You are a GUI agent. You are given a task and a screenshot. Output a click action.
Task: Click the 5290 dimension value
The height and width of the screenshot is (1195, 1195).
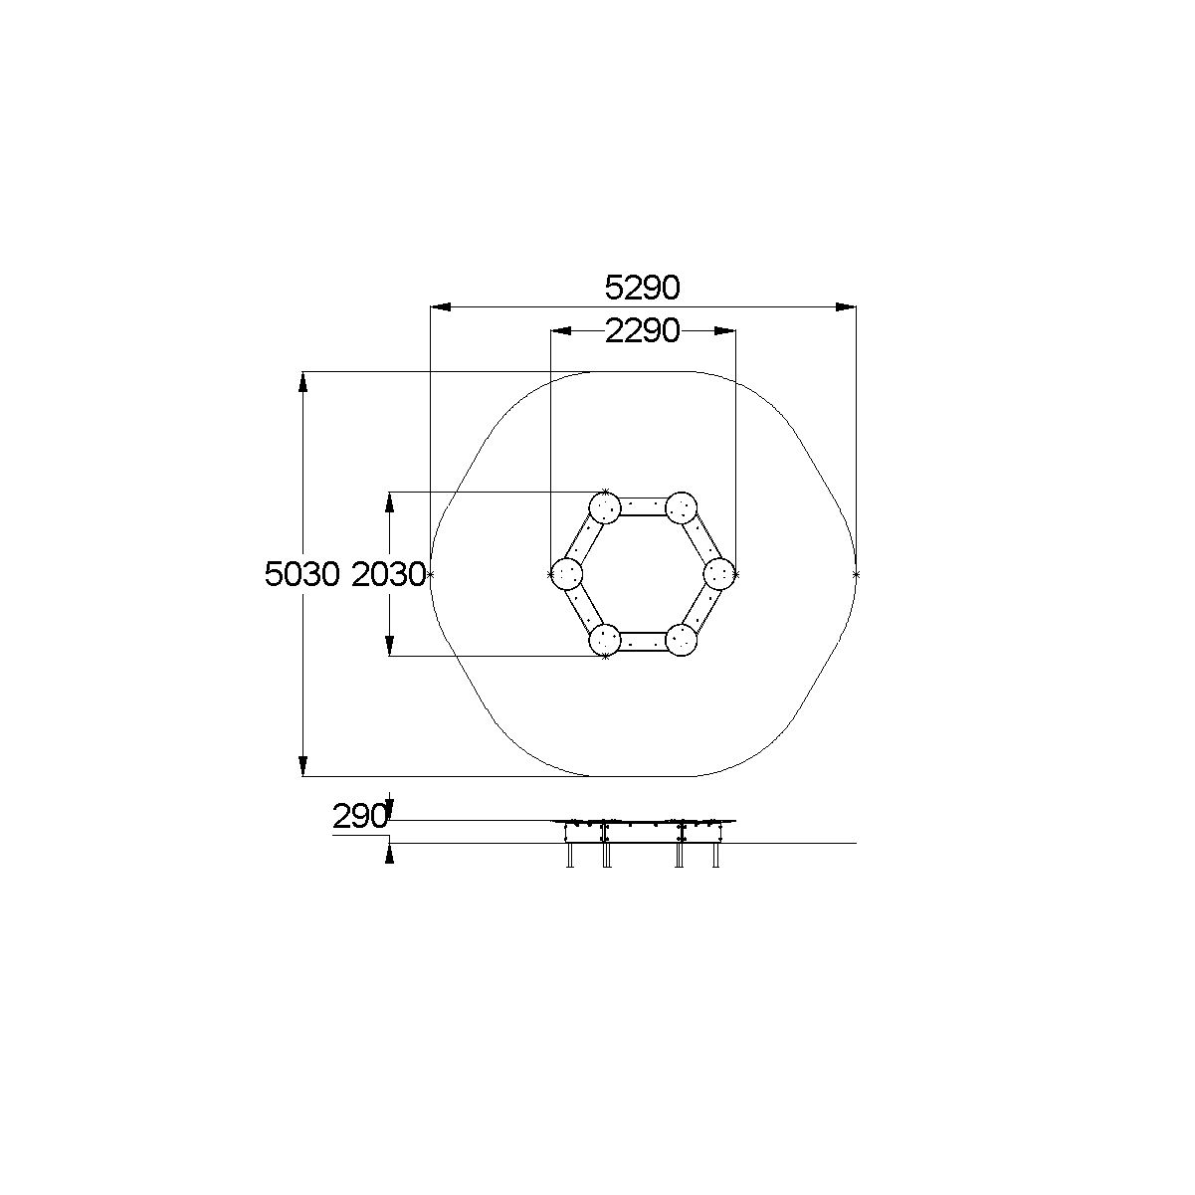pos(642,288)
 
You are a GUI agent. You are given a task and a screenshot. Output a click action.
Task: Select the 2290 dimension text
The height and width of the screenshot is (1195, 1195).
pos(642,331)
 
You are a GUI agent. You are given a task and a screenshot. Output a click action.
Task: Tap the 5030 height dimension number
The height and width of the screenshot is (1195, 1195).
pos(302,574)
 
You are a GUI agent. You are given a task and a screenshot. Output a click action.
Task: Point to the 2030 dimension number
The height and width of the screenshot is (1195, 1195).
pos(388,574)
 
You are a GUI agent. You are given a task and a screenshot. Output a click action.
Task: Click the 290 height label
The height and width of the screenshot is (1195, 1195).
pos(359,816)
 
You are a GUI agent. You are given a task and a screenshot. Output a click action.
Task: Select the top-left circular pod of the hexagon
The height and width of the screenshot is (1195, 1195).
pos(604,507)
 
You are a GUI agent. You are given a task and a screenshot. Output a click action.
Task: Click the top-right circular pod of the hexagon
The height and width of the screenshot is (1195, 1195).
pos(681,507)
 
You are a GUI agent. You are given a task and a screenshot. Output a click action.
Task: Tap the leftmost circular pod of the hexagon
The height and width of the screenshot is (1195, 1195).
pos(567,574)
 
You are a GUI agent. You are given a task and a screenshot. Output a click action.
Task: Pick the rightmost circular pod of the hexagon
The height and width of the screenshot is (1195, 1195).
pos(719,574)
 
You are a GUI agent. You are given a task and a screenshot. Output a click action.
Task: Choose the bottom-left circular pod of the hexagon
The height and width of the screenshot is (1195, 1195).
pos(604,640)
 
